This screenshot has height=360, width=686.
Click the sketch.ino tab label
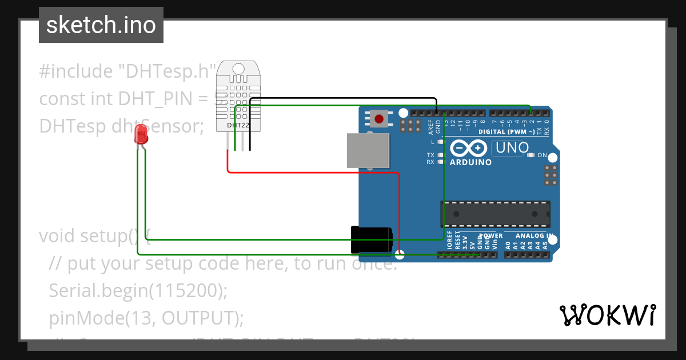point(101,25)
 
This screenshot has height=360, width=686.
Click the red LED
point(141,135)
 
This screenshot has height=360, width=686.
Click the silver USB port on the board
point(368,150)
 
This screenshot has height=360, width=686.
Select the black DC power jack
point(371,240)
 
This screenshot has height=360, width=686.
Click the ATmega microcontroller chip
point(495,214)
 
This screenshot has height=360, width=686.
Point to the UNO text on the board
point(512,148)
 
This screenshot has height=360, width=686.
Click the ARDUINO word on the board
point(470,162)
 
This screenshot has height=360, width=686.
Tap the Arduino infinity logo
point(469,148)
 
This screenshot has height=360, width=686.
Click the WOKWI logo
point(607,315)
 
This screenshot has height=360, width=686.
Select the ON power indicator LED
point(531,155)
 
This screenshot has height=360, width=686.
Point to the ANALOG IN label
point(534,235)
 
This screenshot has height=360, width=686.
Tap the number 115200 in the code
point(186,291)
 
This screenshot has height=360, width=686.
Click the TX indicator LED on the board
point(441,155)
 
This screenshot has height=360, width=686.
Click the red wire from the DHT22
point(314,171)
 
